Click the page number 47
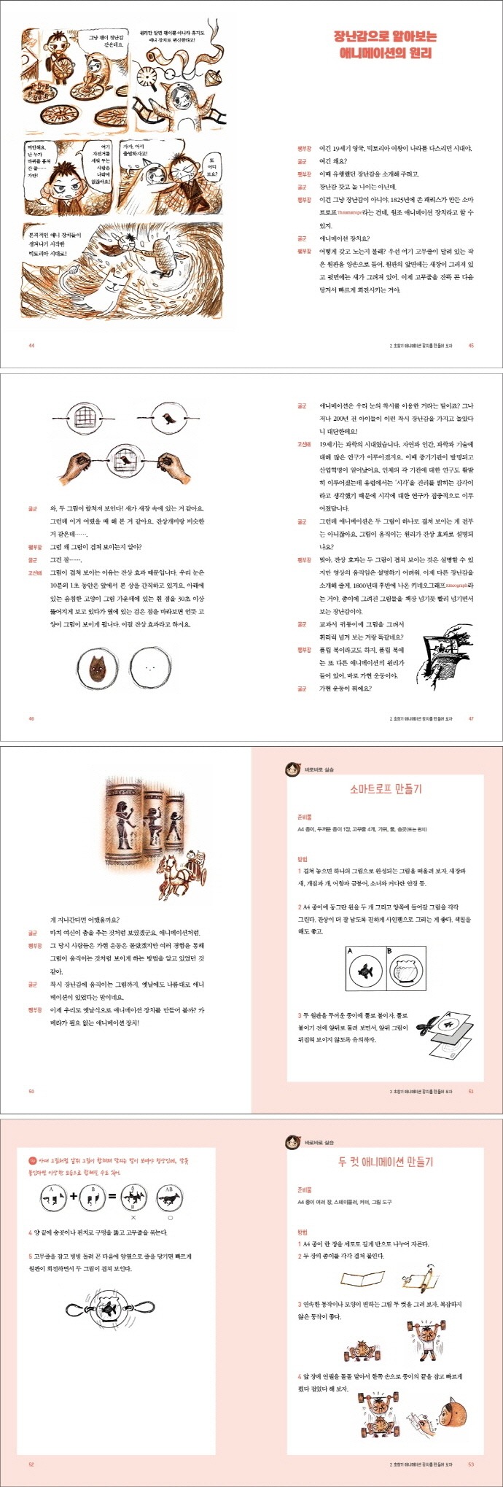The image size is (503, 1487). coord(471,718)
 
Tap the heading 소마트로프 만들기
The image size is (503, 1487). coord(386,789)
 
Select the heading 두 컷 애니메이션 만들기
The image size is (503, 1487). coord(386,1162)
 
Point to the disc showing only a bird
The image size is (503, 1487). coord(168,419)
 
